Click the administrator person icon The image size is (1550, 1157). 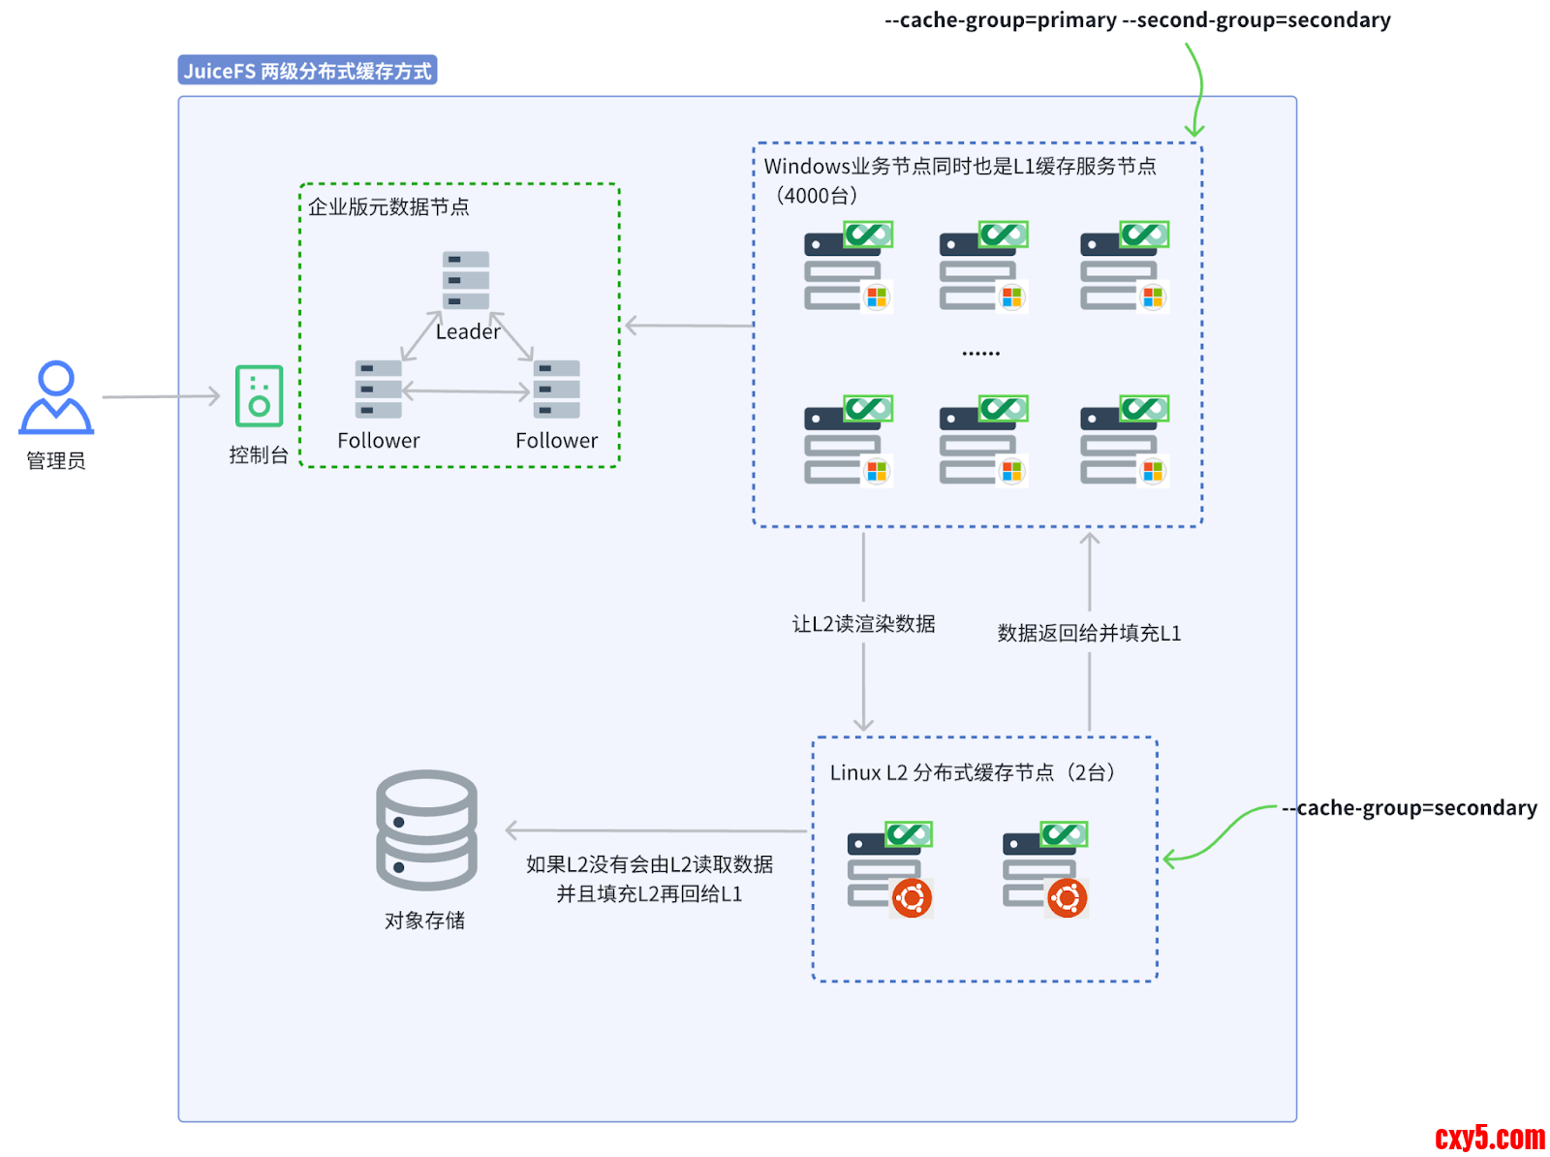point(56,397)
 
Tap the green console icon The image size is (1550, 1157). point(259,396)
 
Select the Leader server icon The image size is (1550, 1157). point(466,280)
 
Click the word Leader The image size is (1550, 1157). point(468,331)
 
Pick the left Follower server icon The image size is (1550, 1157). point(378,389)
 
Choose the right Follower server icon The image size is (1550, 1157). point(557,389)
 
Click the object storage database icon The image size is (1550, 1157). point(426,829)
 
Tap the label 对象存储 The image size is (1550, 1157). point(424,921)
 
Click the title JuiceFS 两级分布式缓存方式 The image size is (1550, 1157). point(307,71)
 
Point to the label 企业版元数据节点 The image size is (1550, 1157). point(388,206)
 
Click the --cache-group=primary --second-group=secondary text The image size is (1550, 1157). point(1137,20)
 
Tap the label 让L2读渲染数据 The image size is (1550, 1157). point(863,624)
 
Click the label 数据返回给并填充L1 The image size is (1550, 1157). point(1089,634)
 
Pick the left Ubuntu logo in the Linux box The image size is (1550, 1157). point(912,898)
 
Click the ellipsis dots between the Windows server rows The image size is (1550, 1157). point(980,354)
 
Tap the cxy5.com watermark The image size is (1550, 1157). point(1489,1137)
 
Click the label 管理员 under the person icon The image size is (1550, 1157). point(56,461)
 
